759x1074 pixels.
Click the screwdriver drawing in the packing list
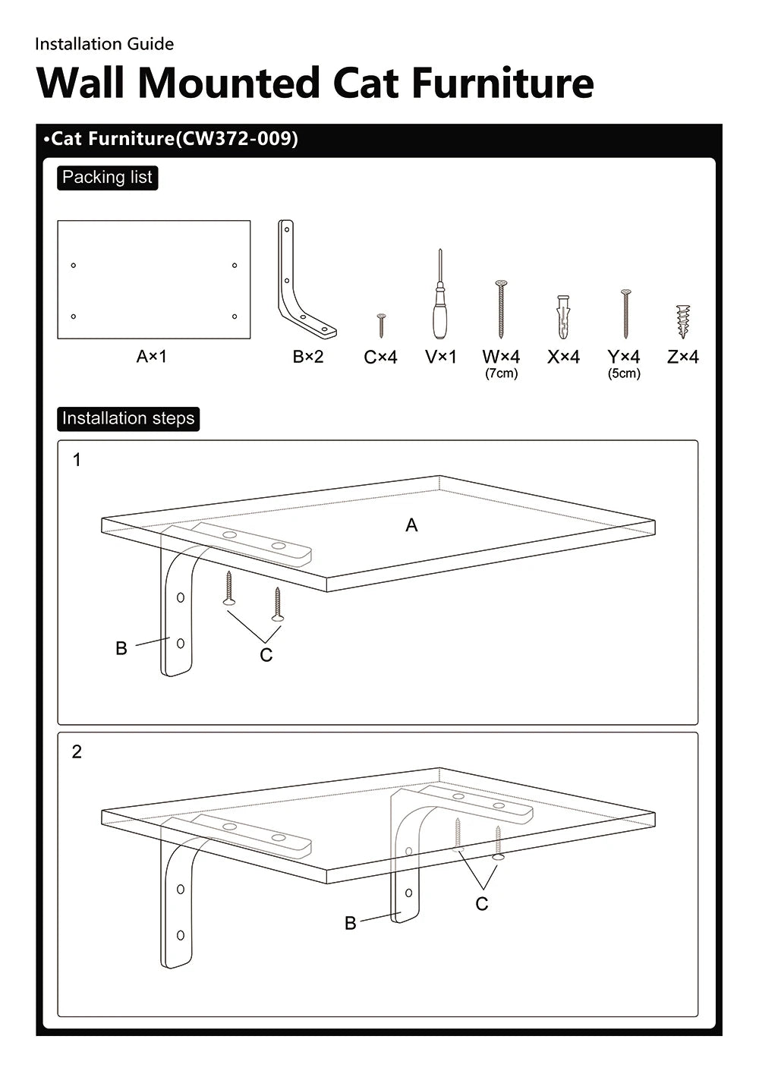tap(439, 296)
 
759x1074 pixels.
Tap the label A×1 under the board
tap(152, 356)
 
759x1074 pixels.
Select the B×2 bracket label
tap(308, 357)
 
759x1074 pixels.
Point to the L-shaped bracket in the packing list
tap(300, 281)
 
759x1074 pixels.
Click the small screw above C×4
tap(382, 326)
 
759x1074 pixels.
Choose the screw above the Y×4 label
tap(625, 313)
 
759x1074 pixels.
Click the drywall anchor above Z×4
tap(683, 321)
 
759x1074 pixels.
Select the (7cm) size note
tap(502, 373)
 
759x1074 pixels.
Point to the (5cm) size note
tap(624, 373)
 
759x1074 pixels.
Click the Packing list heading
tap(107, 178)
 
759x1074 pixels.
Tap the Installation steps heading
tap(128, 418)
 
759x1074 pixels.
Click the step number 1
tap(77, 460)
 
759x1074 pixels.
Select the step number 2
tap(77, 751)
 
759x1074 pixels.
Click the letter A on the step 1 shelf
tap(411, 525)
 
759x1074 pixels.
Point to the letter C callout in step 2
tap(481, 904)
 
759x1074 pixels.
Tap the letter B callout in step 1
tap(121, 649)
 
